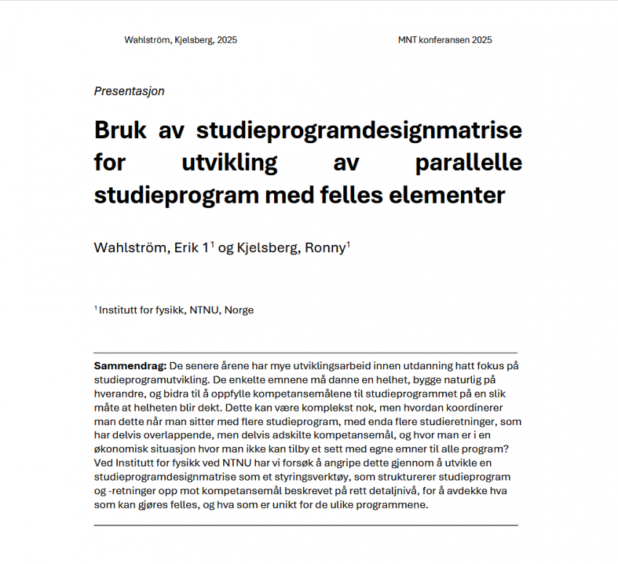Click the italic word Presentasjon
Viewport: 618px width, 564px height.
point(129,92)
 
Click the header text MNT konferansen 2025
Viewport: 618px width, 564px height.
point(445,40)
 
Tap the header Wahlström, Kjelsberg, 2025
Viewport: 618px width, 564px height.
point(180,40)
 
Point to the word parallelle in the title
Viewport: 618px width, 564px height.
point(468,164)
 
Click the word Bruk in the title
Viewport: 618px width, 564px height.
point(119,132)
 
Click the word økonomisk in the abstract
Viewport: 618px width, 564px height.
point(119,449)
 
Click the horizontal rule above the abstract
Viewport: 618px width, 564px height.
point(305,352)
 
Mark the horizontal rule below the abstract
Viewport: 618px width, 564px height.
point(305,525)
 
